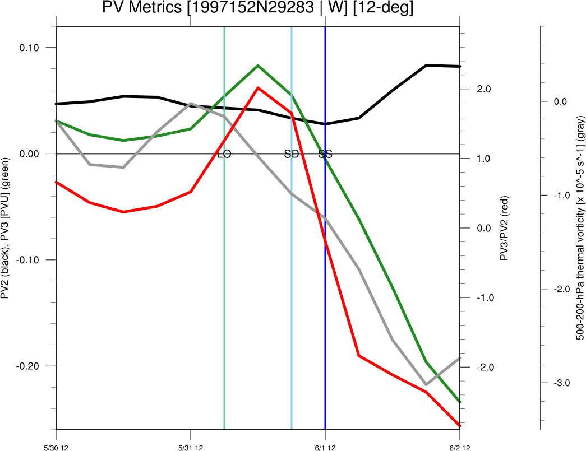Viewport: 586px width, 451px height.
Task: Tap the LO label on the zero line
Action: pos(224,154)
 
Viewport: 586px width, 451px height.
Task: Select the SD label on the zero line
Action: pos(292,154)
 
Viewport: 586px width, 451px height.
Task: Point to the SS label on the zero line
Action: pos(325,154)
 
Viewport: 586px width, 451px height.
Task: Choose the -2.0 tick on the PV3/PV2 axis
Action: pos(482,367)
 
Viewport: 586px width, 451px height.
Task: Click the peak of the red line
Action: pos(258,87)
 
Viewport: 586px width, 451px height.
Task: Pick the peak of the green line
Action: pos(258,66)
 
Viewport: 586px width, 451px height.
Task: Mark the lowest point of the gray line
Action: pos(426,385)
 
